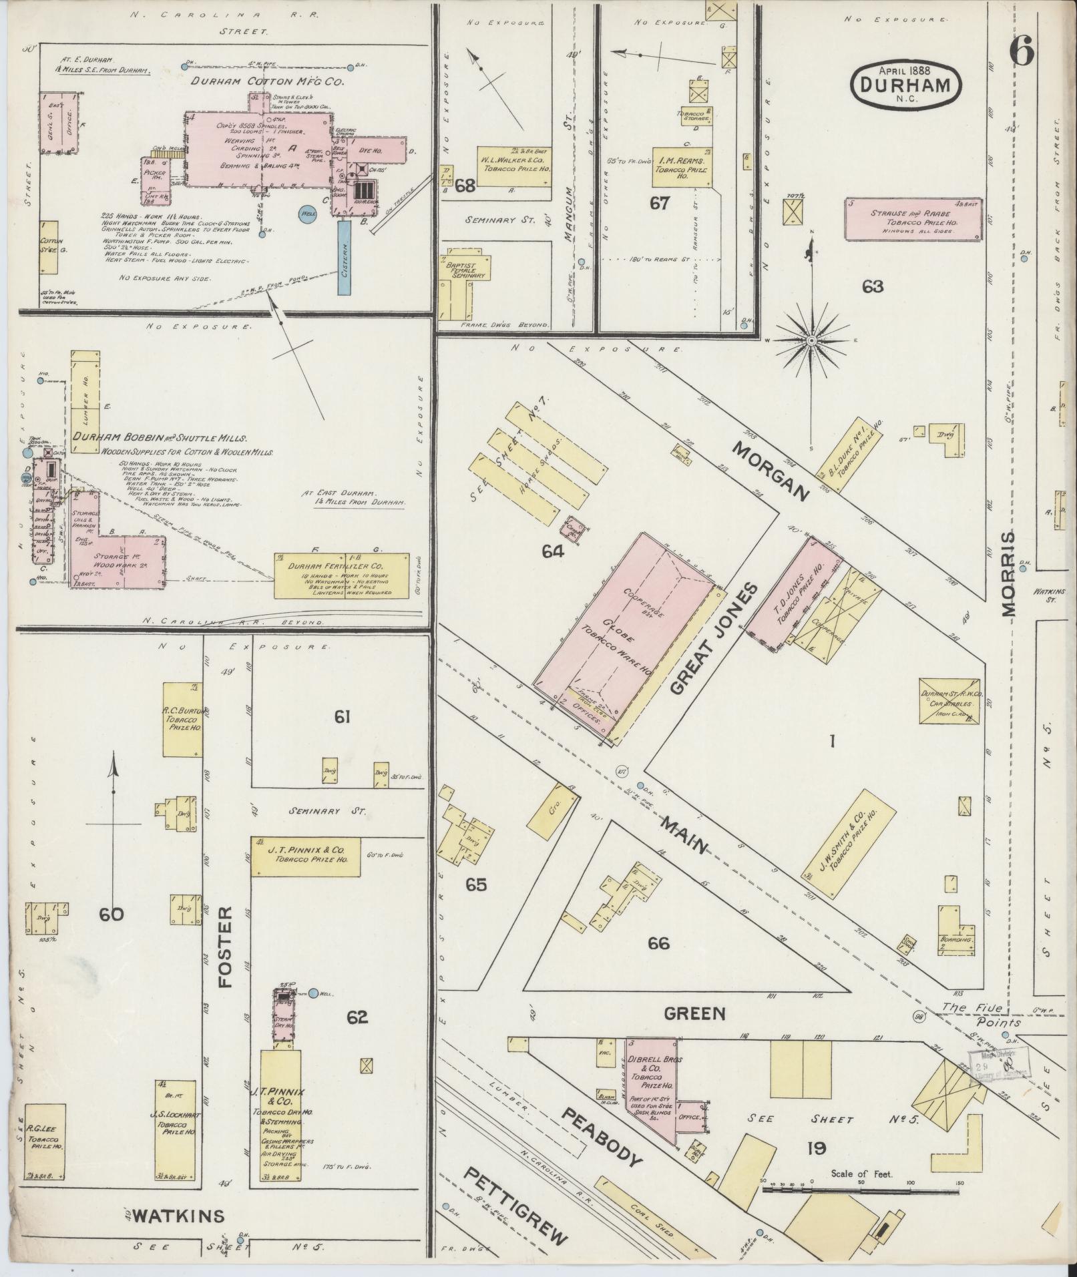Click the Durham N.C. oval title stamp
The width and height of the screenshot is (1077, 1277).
coord(905,82)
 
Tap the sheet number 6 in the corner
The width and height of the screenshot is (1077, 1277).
coord(1022,51)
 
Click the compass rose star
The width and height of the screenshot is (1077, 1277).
coord(811,341)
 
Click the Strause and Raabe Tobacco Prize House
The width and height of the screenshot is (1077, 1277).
coord(913,218)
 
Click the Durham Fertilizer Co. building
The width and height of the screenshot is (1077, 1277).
coord(341,575)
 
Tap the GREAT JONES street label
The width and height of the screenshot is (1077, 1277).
coord(714,638)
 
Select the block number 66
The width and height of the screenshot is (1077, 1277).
coord(658,943)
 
